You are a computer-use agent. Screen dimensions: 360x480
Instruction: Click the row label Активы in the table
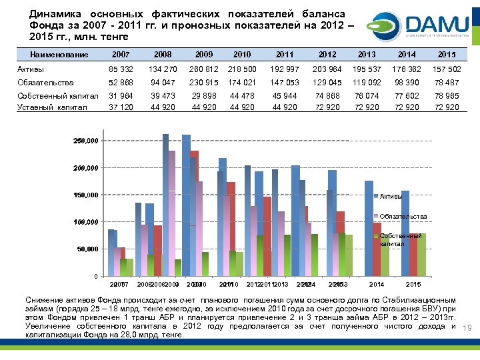pyautogui.click(x=31, y=69)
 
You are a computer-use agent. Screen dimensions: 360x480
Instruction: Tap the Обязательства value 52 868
pyautogui.click(x=121, y=83)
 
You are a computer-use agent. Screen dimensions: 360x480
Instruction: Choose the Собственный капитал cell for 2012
pyautogui.click(x=327, y=97)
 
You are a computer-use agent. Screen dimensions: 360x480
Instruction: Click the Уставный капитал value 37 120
pyautogui.click(x=121, y=107)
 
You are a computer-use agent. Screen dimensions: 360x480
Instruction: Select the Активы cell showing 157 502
pyautogui.click(x=447, y=69)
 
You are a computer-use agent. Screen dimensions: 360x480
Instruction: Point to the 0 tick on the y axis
pyautogui.click(x=95, y=276)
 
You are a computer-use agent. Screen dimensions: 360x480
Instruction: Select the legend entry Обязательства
pyautogui.click(x=403, y=217)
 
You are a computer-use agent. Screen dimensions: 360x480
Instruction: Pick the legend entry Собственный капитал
pyautogui.click(x=401, y=240)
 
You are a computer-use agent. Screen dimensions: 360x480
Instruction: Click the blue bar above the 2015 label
pyautogui.click(x=405, y=233)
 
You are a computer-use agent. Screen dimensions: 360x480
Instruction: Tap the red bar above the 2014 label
pyautogui.click(x=377, y=249)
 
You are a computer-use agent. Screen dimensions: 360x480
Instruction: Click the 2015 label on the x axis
pyautogui.click(x=413, y=285)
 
